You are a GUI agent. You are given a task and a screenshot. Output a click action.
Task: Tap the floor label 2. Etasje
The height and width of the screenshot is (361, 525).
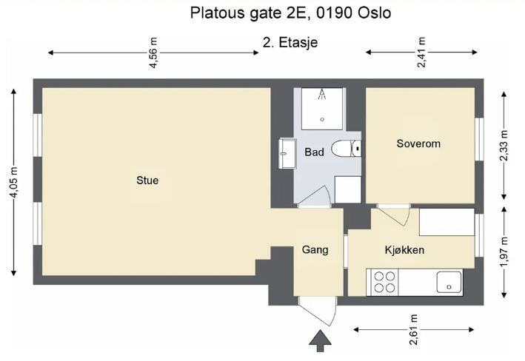(x=290, y=42)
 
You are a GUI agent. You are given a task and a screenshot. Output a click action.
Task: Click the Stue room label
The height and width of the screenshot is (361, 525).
(x=147, y=180)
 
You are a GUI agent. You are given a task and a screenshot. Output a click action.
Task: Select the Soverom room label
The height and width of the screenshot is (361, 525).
(x=418, y=144)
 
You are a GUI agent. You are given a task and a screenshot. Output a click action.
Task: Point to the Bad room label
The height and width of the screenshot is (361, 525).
(x=314, y=152)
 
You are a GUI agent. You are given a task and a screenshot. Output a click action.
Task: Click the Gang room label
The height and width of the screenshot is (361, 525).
(x=315, y=250)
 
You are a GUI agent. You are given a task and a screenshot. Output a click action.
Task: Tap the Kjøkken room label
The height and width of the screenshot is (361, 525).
(x=404, y=250)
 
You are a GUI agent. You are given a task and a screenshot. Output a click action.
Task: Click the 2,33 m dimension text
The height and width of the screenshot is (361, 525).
(x=505, y=146)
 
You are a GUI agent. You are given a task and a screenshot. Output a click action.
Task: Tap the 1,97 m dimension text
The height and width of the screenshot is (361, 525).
(x=505, y=251)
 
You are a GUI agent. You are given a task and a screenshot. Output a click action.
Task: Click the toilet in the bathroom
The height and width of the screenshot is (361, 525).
(x=345, y=149)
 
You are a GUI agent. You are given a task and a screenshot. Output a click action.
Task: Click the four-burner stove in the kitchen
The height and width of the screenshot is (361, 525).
(x=384, y=282)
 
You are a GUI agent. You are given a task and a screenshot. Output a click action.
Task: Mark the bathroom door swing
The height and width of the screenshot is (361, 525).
(x=316, y=195)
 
